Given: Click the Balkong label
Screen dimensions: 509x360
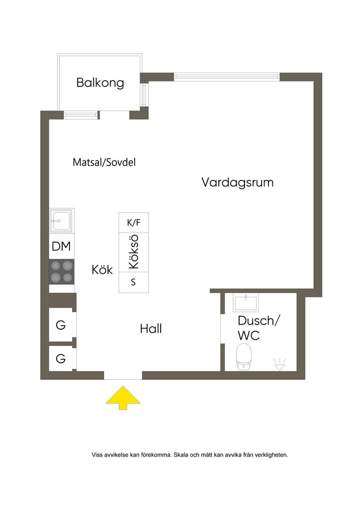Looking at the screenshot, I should click(x=100, y=83).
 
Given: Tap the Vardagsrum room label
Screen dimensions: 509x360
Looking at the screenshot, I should click(x=238, y=182).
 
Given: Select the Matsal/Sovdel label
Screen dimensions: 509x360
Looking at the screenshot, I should click(x=104, y=162).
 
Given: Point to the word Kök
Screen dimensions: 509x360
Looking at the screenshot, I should click(x=102, y=270).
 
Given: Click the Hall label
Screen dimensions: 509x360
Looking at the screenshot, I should click(x=151, y=329).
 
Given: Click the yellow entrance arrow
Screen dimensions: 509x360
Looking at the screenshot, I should click(x=123, y=399).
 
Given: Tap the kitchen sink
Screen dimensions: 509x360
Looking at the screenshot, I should click(x=62, y=221).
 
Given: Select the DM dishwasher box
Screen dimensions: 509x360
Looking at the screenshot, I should click(x=62, y=247).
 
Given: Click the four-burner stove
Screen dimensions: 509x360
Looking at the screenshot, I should click(x=62, y=272).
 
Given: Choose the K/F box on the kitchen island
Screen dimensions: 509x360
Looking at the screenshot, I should click(x=134, y=222).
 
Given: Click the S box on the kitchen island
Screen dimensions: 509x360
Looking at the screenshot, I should click(x=133, y=282).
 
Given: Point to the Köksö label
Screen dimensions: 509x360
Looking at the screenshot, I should click(x=133, y=252).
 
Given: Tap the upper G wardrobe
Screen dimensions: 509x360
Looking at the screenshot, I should click(x=61, y=325).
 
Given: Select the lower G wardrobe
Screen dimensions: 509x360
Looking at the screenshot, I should click(x=61, y=358).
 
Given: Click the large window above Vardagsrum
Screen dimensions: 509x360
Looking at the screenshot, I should click(x=227, y=77).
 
